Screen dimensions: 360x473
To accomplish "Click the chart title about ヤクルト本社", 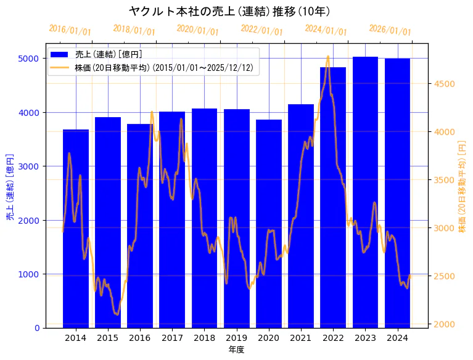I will (x=229, y=11).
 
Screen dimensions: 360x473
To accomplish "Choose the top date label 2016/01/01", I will (x=70, y=30).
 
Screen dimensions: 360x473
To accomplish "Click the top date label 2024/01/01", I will (x=326, y=30).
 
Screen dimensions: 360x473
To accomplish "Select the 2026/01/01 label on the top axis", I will (x=390, y=30).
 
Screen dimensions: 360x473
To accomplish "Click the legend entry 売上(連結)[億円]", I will (x=108, y=55).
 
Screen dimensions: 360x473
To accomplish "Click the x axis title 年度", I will (x=236, y=350).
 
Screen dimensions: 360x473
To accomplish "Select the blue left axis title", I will (x=10, y=187).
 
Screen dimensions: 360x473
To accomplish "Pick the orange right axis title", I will (x=462, y=187).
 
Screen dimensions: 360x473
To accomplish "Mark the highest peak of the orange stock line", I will (x=327, y=57).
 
